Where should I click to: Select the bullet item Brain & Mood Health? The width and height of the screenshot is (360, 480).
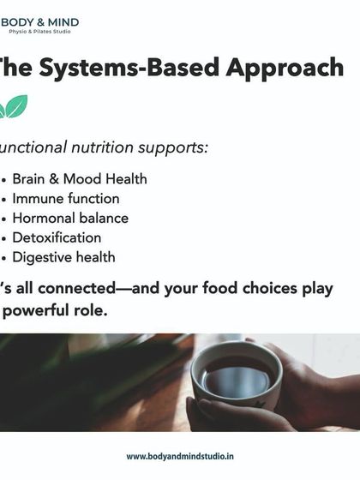tap(79, 179)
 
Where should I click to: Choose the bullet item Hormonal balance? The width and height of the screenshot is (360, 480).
tap(69, 218)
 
